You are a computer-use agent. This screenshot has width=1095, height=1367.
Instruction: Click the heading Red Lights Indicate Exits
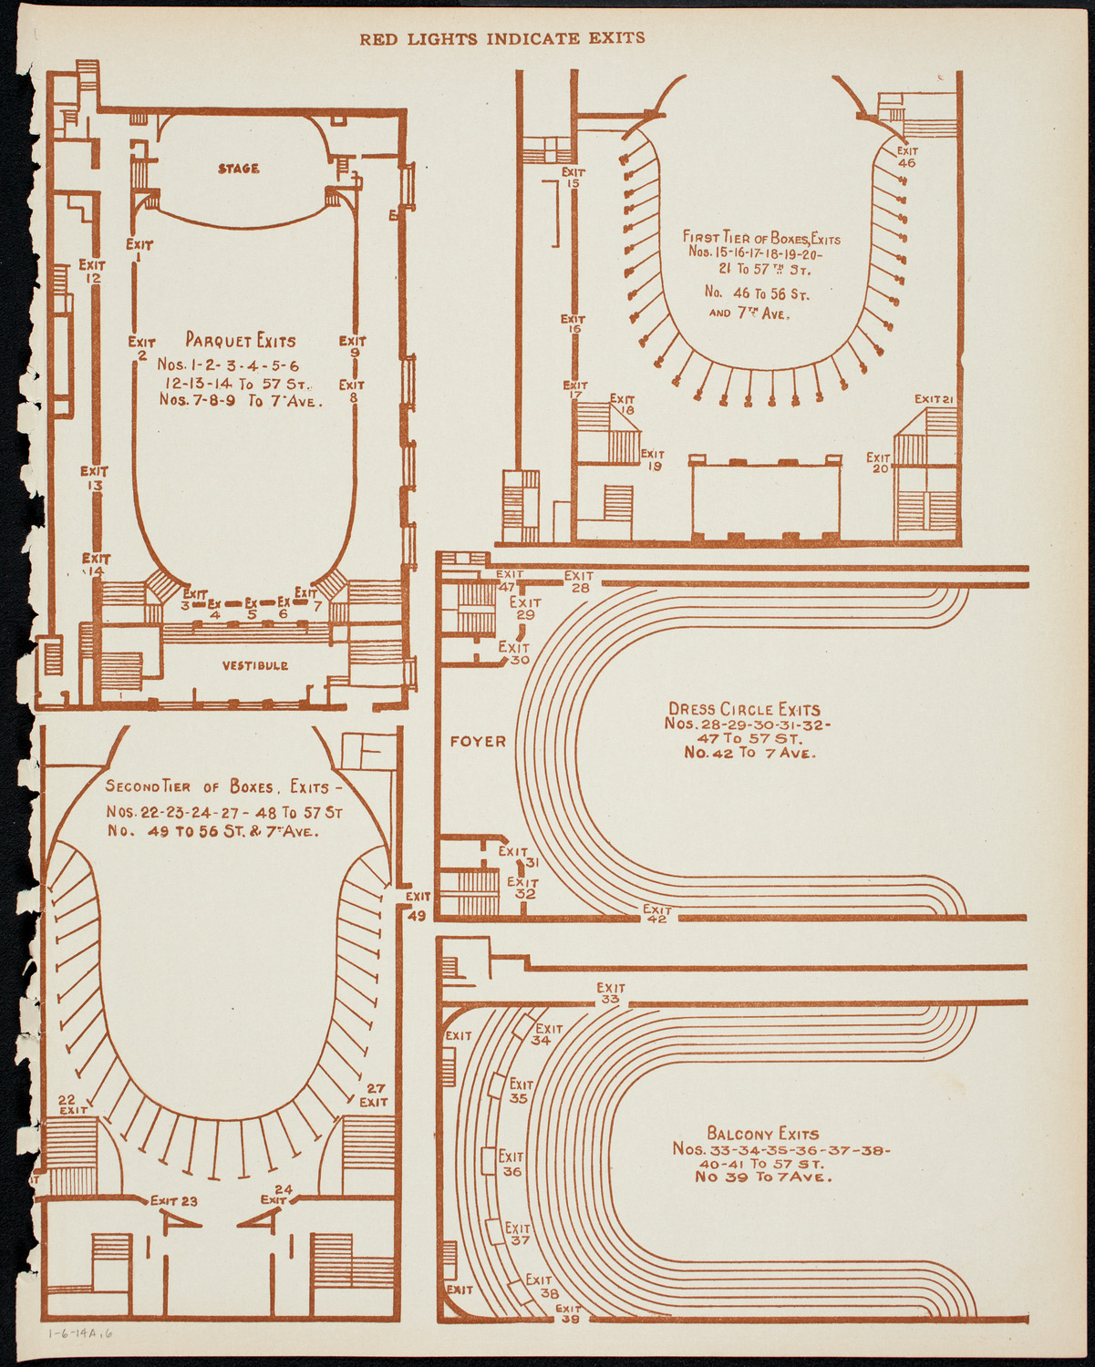click(x=502, y=38)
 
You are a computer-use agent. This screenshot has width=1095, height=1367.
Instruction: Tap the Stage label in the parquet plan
click(x=238, y=169)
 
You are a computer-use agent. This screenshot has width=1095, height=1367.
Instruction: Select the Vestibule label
click(x=255, y=665)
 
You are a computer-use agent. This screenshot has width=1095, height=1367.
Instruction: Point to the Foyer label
click(x=478, y=742)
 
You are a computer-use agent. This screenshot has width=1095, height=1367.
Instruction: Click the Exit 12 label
click(x=91, y=271)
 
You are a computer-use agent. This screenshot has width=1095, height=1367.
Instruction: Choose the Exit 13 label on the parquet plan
click(x=94, y=478)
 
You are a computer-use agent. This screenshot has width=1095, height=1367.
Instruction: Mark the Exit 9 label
click(x=352, y=346)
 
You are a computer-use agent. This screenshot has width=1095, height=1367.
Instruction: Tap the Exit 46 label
click(x=906, y=157)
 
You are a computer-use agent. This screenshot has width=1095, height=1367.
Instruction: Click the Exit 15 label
click(x=573, y=177)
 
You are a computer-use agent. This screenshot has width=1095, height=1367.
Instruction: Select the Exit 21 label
click(x=934, y=399)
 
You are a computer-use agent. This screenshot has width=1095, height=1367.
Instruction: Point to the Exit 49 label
click(x=418, y=907)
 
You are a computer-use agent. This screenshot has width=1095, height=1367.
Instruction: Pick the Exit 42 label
click(x=656, y=914)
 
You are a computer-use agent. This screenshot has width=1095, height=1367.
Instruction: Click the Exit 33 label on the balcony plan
click(x=611, y=993)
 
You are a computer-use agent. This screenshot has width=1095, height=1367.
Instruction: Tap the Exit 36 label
click(x=511, y=1165)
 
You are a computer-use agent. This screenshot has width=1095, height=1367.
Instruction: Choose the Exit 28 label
click(x=579, y=581)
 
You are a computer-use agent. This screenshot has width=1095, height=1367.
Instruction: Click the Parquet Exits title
click(x=241, y=341)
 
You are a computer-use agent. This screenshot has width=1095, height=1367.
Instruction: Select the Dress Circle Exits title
click(x=744, y=709)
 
